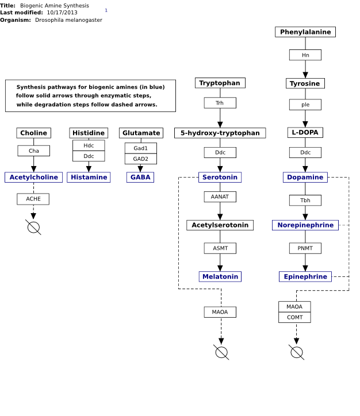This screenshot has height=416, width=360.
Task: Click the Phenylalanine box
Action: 305,32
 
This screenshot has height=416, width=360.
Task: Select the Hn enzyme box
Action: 305,55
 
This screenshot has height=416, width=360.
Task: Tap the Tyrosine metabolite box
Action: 305,83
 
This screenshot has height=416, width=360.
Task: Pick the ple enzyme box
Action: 305,105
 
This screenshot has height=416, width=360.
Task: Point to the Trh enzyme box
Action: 220,103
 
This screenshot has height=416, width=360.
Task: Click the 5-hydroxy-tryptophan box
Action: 220,133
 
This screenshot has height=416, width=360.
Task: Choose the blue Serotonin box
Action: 220,177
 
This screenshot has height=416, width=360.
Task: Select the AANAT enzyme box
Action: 220,197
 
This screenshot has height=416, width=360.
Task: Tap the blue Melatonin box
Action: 220,276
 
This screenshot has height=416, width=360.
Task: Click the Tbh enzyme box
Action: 305,201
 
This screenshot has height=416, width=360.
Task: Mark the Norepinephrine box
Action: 305,225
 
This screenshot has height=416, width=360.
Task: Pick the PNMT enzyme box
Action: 305,248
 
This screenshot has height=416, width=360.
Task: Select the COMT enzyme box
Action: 294,317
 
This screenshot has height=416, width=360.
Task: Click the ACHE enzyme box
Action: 33,199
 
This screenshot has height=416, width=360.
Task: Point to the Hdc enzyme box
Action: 89,145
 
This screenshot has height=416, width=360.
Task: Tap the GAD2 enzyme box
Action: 141,159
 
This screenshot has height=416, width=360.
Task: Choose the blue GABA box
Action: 140,177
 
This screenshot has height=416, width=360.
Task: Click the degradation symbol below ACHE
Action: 33,228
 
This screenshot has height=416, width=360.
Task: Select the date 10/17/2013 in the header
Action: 62,13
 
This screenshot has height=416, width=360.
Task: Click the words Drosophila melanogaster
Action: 68,20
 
